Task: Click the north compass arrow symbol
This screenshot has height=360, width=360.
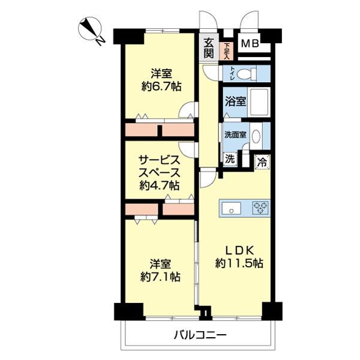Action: pos(92,31)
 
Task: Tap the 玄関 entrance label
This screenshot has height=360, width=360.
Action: pos(208,47)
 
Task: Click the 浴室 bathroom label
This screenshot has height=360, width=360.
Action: pos(235,101)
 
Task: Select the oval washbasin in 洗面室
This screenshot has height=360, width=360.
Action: pos(257,136)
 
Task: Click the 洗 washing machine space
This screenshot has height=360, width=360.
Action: pos(229,160)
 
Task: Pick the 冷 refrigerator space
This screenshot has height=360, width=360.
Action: pos(262,161)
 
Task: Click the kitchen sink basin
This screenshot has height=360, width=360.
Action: pos(231,208)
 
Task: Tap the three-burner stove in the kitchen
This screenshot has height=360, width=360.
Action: pos(261,208)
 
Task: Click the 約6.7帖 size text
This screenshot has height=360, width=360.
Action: pos(161,87)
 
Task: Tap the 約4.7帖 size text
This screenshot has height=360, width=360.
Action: pos(160,184)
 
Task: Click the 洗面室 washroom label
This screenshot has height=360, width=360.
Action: pos(235,135)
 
